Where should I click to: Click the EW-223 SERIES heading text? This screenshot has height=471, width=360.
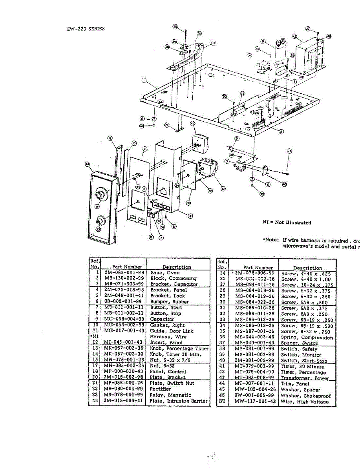click(x=86, y=29)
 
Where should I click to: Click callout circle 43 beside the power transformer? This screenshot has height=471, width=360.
click(x=294, y=37)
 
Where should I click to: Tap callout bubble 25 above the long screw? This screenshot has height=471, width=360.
click(x=175, y=27)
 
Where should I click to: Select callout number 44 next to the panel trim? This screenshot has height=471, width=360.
click(x=87, y=164)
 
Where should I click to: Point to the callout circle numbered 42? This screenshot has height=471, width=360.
click(x=223, y=188)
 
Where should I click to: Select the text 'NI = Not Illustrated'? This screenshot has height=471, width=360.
click(x=287, y=223)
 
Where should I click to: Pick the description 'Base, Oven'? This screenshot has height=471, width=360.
click(x=165, y=272)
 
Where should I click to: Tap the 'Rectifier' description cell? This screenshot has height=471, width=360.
click(x=161, y=389)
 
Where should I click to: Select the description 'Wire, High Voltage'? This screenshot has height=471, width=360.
click(x=305, y=402)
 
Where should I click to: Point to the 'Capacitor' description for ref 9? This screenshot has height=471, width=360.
click(x=162, y=319)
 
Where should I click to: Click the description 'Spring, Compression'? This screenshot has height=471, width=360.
click(x=307, y=337)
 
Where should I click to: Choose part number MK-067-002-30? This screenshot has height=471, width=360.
click(x=124, y=349)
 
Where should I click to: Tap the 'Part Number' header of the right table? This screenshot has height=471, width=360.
click(x=258, y=268)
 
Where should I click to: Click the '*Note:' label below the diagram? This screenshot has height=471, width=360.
click(x=270, y=240)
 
